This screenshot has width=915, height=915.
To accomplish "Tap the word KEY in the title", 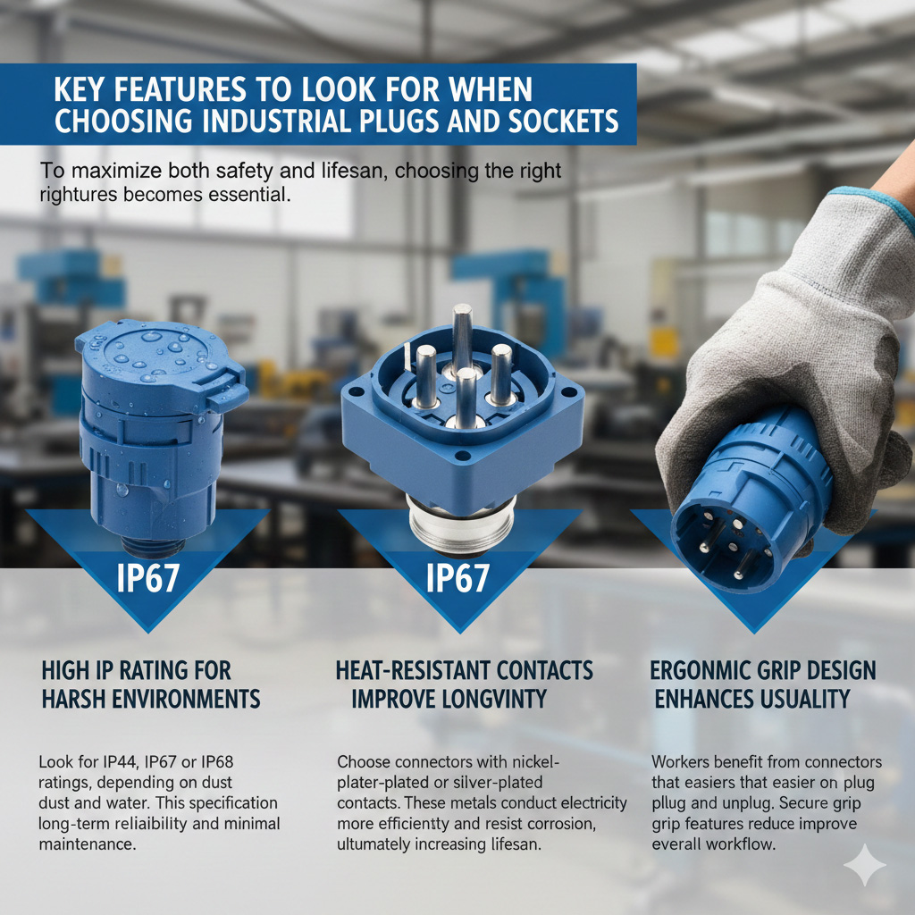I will point(77,89).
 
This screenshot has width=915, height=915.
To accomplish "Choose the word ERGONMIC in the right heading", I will point(707,671).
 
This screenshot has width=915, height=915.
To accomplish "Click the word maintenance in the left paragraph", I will point(88,844).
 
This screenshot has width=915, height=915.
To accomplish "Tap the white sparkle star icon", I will point(865,865).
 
